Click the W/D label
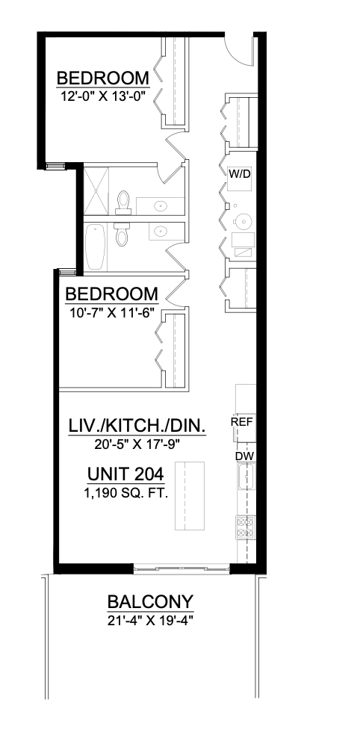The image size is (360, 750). pos(239,174)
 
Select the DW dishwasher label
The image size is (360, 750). pos(243,455)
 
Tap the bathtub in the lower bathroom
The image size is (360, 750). pos(96,247)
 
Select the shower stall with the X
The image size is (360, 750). pos(96,190)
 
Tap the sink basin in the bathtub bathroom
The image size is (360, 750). pos(160,232)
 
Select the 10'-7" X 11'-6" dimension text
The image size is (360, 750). pos(111,312)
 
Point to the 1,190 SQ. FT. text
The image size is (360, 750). pos(125,493)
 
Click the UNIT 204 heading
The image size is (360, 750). pos(125,474)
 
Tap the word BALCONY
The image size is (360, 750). pos(151,601)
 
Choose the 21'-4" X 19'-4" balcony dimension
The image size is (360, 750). pos(151,620)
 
